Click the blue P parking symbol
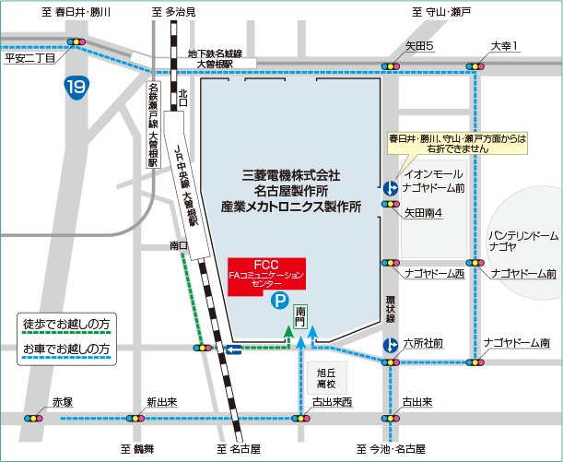(276, 300)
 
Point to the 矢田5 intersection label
(420, 46)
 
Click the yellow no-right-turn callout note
(457, 142)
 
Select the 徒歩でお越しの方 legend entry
(66, 325)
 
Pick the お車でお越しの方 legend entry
(66, 349)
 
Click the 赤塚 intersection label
(62, 403)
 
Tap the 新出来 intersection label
(162, 403)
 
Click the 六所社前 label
(425, 343)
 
